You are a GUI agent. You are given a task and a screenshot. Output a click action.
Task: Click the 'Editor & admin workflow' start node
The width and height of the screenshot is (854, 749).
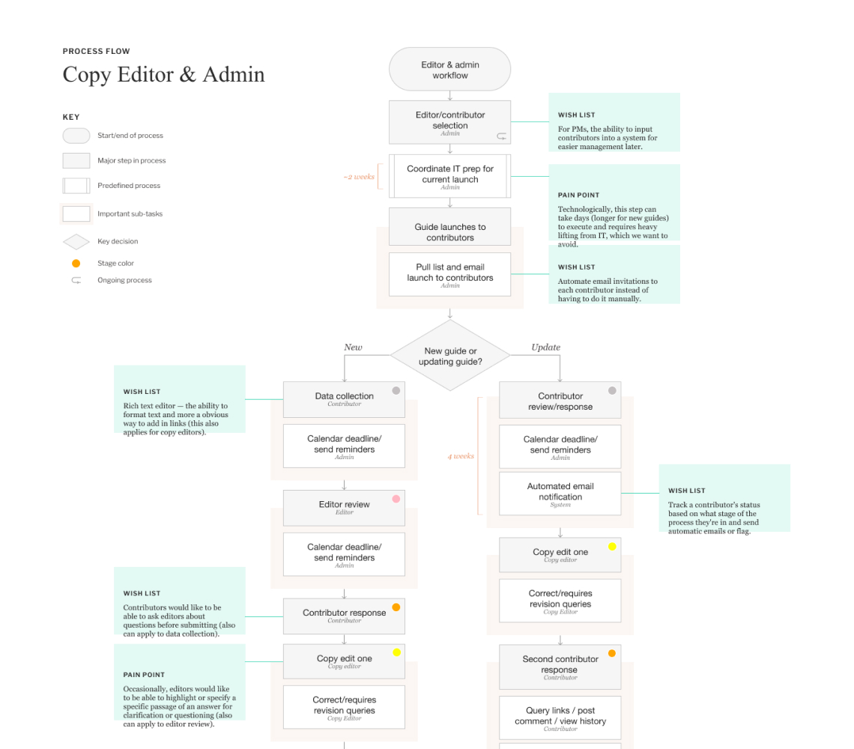coord(449,70)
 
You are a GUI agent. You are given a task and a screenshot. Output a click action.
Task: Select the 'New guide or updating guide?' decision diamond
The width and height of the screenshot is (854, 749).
coord(449,356)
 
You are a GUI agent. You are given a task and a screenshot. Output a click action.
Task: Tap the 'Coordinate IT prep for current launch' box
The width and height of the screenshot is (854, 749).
coord(449,176)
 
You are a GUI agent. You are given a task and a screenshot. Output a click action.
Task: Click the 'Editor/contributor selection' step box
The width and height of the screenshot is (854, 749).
coord(449,122)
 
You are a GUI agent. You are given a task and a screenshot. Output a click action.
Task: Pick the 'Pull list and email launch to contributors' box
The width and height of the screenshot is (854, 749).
coord(449,274)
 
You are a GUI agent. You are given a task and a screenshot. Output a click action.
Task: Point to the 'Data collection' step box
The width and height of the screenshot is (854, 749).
coord(344,399)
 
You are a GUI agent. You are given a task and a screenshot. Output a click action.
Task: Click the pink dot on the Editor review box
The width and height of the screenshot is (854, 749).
coord(396,499)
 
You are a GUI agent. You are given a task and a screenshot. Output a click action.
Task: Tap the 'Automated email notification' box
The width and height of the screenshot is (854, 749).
coord(560,494)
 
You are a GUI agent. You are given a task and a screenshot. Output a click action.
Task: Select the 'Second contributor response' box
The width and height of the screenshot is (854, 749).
coord(560,666)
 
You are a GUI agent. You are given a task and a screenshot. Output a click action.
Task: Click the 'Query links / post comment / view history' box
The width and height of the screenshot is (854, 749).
coord(560,718)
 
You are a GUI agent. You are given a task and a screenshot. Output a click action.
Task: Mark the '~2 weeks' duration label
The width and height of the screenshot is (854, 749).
coord(359,177)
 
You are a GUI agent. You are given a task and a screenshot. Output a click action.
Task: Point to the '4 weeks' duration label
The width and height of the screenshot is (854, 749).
coord(461,456)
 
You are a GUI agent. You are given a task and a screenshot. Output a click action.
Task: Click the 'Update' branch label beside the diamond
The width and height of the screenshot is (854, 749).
coord(545,348)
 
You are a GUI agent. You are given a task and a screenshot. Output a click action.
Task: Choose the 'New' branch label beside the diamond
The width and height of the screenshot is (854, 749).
coord(353,348)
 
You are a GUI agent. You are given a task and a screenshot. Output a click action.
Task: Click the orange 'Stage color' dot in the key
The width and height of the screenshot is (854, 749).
coord(76,264)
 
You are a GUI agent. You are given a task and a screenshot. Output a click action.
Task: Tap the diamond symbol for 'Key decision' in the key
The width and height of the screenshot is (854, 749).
coord(76,242)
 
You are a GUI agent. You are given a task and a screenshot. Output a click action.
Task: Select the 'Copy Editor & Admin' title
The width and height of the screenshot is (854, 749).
coord(163,75)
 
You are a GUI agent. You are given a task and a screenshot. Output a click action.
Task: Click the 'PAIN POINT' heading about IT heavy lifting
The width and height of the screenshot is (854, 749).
coord(578,195)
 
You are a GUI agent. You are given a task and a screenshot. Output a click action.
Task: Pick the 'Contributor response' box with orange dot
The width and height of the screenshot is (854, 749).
coord(344,616)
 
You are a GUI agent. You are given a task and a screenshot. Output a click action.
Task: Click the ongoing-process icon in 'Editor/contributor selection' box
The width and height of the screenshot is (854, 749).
coord(501,136)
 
